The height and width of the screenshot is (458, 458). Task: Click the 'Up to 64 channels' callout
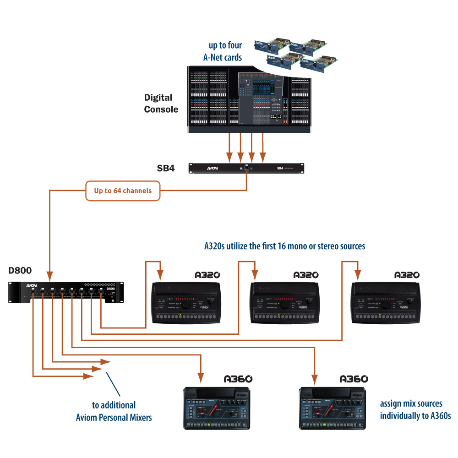click(x=123, y=191)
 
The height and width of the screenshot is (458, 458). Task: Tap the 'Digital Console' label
click(x=161, y=103)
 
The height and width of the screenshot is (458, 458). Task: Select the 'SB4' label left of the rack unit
click(x=166, y=168)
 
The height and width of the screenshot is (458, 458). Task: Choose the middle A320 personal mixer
click(x=284, y=304)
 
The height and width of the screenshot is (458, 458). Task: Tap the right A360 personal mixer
click(x=332, y=408)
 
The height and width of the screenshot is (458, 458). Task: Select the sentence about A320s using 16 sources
click(x=284, y=246)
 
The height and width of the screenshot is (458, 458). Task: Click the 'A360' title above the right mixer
click(x=354, y=379)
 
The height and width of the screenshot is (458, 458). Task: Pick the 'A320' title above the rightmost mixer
click(x=407, y=275)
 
